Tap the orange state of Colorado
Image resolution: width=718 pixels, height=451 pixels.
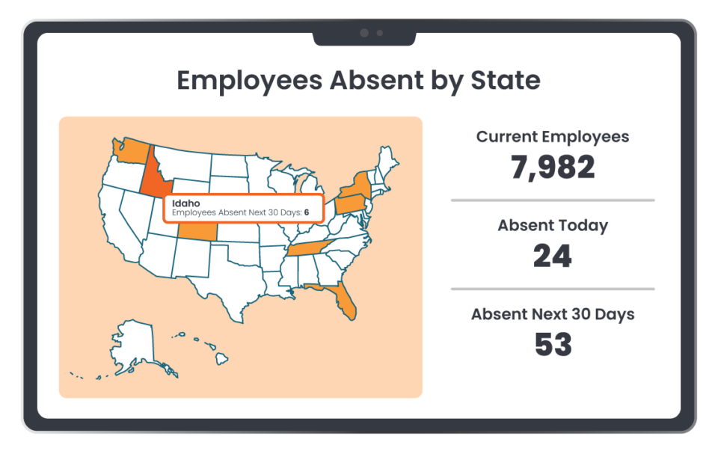[199, 232]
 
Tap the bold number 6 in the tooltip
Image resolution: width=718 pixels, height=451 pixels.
[307, 212]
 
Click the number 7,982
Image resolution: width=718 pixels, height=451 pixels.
[553, 167]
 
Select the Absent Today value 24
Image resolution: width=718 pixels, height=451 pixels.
[553, 256]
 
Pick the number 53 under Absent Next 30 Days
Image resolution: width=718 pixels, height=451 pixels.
[553, 344]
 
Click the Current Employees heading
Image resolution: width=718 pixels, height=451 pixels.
[553, 137]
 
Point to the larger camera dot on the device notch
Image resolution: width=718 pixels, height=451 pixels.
[364, 33]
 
